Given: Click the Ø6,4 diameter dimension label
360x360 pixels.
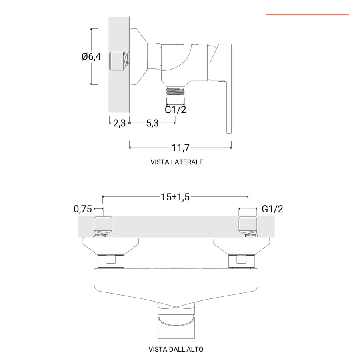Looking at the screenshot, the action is pyautogui.click(x=91, y=56).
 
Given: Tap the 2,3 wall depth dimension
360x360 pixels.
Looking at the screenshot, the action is pyautogui.click(x=119, y=123).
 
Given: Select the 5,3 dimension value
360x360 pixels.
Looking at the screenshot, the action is pyautogui.click(x=152, y=123).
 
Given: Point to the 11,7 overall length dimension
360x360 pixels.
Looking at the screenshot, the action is pyautogui.click(x=180, y=148).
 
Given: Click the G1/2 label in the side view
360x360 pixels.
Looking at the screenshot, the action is pyautogui.click(x=176, y=110).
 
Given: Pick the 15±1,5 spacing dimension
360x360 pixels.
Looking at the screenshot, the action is pyautogui.click(x=175, y=197).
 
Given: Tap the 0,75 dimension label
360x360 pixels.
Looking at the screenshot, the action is pyautogui.click(x=83, y=209).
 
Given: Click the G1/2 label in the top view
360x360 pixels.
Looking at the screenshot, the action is pyautogui.click(x=272, y=209).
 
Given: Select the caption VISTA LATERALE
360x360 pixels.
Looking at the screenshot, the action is pyautogui.click(x=177, y=162).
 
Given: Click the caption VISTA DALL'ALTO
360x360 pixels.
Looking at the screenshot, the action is pyautogui.click(x=176, y=349).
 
